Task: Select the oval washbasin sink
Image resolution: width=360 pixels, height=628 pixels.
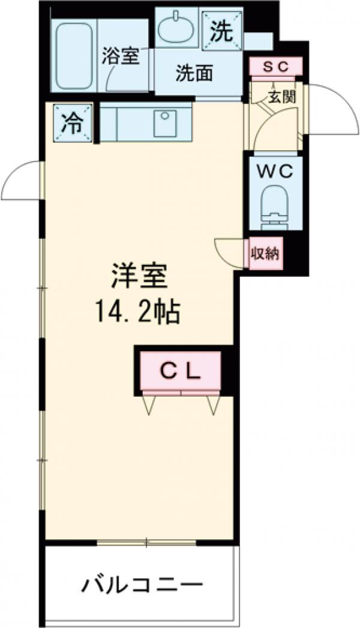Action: point(176,27)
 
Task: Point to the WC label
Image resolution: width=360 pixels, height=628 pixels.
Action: point(276,171)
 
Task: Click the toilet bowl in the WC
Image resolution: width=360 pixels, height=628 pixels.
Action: point(275,204)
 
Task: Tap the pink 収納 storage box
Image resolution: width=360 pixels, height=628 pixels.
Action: point(265,254)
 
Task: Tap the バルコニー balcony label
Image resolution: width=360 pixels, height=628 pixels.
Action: point(142,584)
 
